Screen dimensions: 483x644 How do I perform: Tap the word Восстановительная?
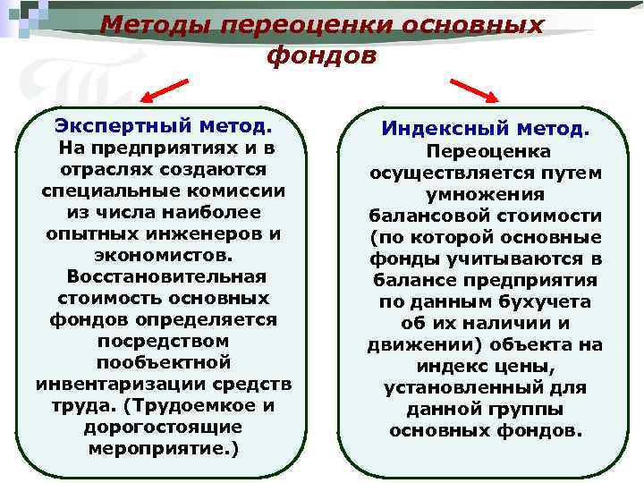[x=167, y=276]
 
